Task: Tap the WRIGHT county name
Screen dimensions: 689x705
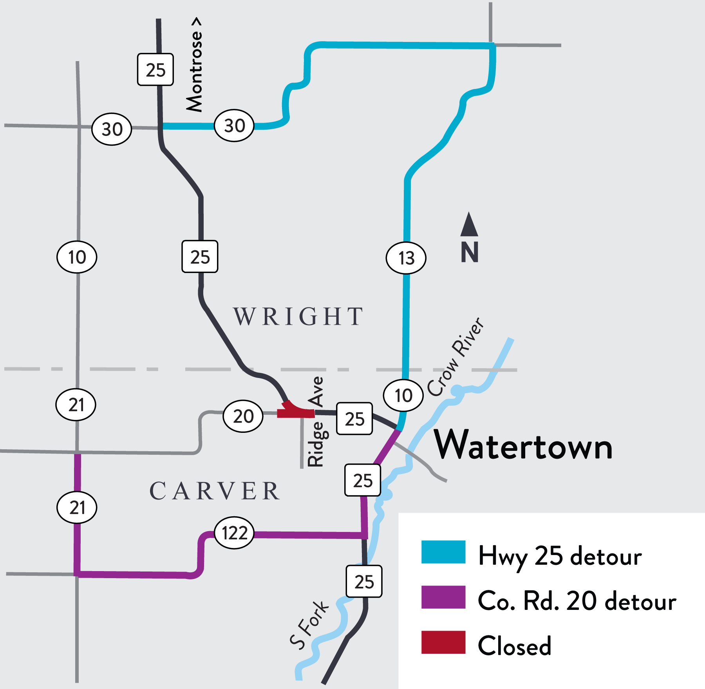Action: point(298,316)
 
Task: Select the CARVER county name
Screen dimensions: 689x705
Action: point(215,491)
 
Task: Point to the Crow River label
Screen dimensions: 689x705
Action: point(456,357)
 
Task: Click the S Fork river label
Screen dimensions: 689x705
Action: point(309,625)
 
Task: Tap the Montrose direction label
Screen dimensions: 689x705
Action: point(195,65)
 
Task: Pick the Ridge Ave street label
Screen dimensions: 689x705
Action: point(316,422)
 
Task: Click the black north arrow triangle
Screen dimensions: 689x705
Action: point(469,226)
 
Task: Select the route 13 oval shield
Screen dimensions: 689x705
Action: point(406,258)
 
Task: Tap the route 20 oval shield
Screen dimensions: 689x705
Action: point(243,416)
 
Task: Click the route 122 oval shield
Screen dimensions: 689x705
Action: point(234,533)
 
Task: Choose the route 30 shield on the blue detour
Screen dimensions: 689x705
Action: point(234,126)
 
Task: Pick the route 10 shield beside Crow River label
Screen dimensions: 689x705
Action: point(403,395)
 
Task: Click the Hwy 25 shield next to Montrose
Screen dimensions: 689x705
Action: point(155,70)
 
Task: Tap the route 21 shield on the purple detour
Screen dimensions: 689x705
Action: point(77,508)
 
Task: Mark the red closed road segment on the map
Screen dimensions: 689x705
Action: point(296,412)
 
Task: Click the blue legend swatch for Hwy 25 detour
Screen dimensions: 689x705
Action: point(443,552)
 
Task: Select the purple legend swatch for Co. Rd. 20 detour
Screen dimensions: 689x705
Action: point(443,597)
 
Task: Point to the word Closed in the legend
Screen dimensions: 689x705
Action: point(514,646)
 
